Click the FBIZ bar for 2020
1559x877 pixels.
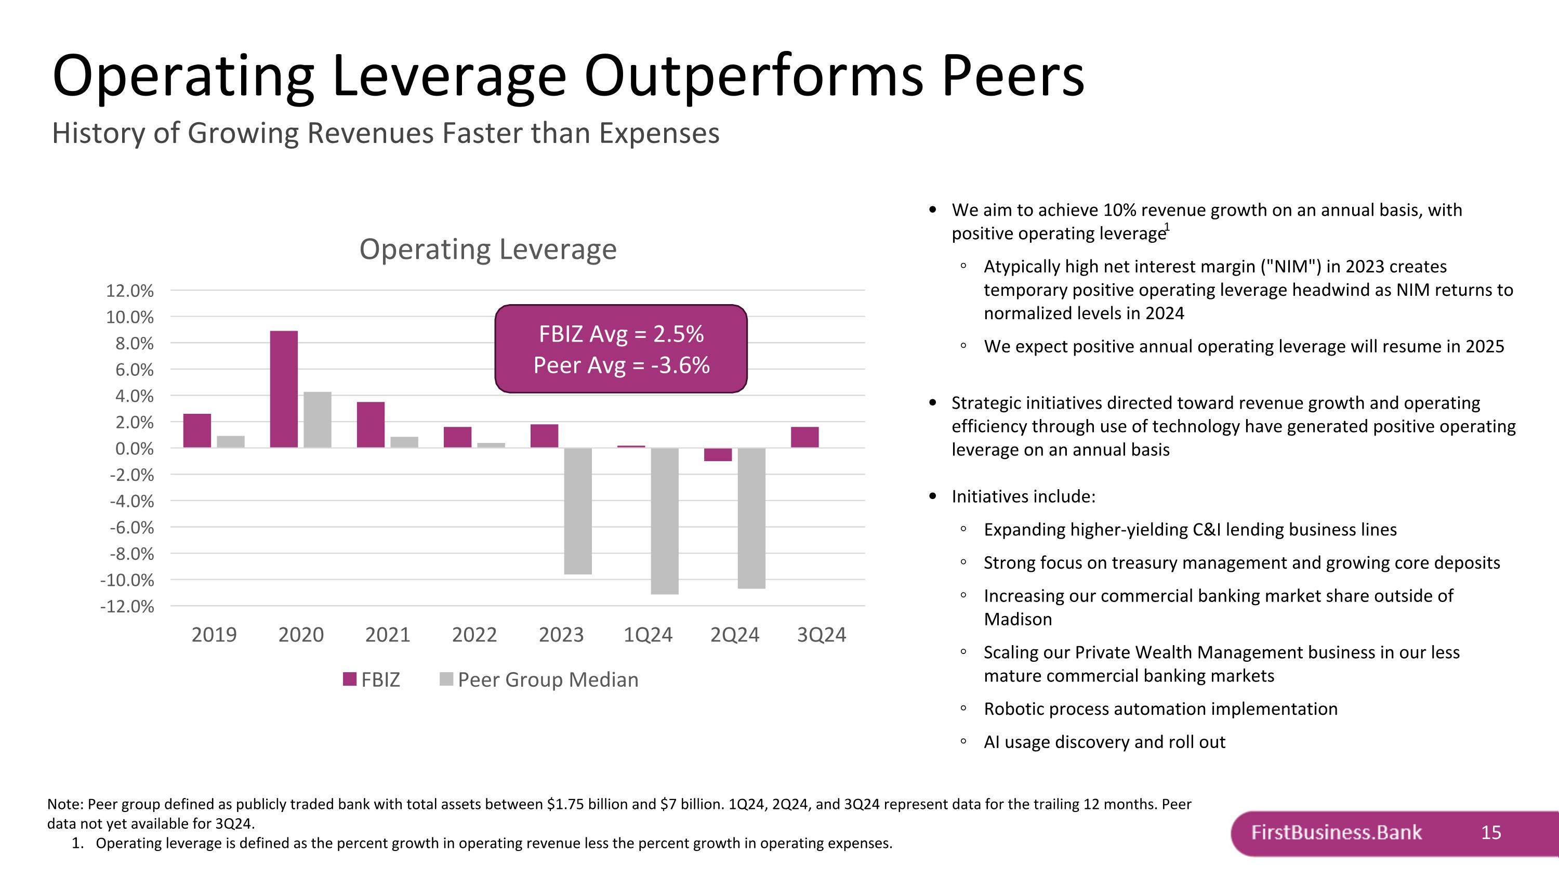(284, 389)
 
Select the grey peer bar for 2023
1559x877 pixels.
(578, 511)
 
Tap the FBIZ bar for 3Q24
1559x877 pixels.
(804, 437)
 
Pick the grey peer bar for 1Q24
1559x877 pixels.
(665, 520)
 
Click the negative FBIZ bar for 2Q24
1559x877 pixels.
(718, 454)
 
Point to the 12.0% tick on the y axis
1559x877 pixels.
(130, 291)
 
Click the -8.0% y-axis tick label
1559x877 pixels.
(131, 554)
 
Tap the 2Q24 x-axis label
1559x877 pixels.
(735, 635)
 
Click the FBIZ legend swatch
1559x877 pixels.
(349, 679)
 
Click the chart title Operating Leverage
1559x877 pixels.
(488, 250)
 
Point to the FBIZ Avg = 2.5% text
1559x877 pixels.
(621, 334)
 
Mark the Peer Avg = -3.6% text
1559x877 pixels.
(621, 365)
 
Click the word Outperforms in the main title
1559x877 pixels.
(754, 76)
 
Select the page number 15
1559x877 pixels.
(1490, 833)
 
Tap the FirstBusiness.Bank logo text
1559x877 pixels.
(1336, 833)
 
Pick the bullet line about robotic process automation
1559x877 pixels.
(1160, 709)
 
